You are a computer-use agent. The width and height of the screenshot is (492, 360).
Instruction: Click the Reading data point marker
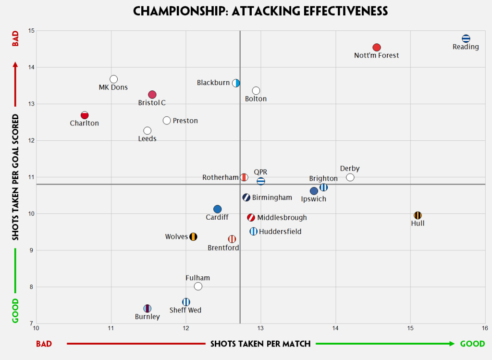point(466,38)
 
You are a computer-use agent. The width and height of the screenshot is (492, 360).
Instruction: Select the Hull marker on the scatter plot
point(418,215)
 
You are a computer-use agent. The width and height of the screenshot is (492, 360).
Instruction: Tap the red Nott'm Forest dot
point(377,47)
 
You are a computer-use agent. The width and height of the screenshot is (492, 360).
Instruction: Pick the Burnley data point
point(148,308)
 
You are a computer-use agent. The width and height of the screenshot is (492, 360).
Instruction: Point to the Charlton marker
point(85,115)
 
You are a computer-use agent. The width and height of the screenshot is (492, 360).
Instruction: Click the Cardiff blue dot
point(217,209)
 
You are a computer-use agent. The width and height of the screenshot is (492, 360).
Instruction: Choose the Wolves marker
point(193,236)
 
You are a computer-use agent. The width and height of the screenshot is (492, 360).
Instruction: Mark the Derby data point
point(350,177)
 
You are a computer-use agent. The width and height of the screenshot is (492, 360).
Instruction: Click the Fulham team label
point(197,278)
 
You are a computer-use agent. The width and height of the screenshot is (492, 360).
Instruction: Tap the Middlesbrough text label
point(282,218)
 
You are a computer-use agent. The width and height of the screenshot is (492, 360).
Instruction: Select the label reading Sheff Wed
point(185,310)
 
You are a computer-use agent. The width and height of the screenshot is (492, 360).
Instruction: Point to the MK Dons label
point(113,87)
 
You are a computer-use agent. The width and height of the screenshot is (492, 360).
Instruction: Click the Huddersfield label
point(280,232)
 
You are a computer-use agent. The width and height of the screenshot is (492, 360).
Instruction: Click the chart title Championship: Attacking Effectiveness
point(260,11)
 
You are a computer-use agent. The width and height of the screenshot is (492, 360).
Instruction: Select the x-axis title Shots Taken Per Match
point(260,344)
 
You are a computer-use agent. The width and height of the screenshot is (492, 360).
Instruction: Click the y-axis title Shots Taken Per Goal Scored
point(15,177)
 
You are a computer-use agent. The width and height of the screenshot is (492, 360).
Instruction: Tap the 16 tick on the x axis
point(485,328)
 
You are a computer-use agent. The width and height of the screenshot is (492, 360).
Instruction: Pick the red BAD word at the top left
point(15,39)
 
